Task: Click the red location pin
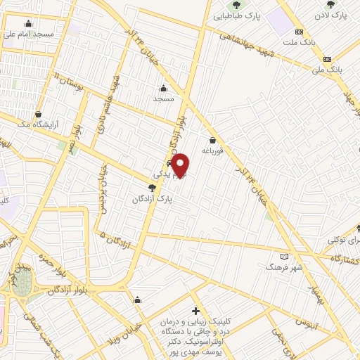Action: click(181, 165)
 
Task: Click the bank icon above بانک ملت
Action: click(300, 32)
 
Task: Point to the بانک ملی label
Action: click(330, 70)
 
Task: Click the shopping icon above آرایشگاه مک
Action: click(39, 113)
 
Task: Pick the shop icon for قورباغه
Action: click(212, 140)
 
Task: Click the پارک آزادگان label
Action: click(153, 199)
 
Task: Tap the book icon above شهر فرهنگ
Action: click(284, 257)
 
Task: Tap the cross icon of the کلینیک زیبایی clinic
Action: click(195, 310)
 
